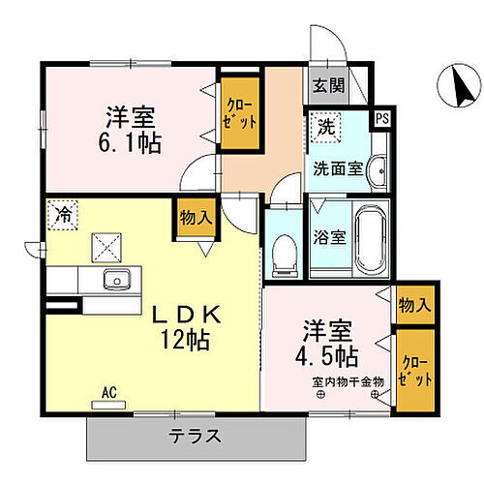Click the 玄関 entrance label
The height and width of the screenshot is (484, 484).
click(x=328, y=84)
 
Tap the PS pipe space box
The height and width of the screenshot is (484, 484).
click(x=382, y=118)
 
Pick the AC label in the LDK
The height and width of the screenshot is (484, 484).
click(x=108, y=393)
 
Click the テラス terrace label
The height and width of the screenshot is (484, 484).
click(x=199, y=435)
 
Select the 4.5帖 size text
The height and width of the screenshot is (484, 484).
click(x=337, y=353)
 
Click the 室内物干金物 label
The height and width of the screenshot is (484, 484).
click(x=348, y=380)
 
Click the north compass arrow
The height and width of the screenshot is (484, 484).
click(x=456, y=88)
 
